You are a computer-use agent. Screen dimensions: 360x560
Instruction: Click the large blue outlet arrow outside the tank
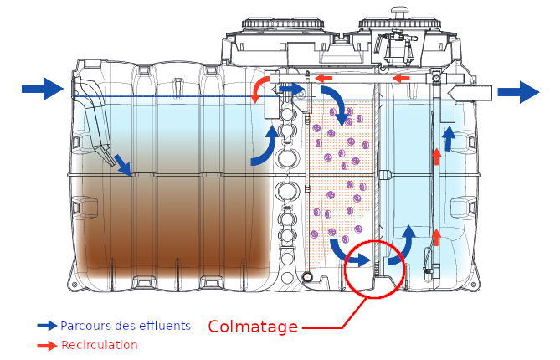point(518,91)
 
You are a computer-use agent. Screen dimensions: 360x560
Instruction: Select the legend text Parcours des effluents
point(126,325)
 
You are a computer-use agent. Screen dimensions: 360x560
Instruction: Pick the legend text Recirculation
point(99,345)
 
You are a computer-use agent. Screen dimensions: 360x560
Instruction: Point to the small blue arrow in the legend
point(47,325)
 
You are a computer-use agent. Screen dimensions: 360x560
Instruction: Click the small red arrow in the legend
point(47,345)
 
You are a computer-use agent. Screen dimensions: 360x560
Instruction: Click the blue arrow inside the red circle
point(359,260)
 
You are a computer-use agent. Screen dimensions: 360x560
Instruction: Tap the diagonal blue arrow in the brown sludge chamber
point(122,165)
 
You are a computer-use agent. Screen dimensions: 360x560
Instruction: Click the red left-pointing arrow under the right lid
point(403,79)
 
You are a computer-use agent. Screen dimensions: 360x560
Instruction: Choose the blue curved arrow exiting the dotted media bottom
point(338,249)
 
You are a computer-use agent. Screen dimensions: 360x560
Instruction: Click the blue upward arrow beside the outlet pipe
point(449,138)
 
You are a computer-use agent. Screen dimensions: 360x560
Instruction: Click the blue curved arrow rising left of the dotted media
point(266,144)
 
